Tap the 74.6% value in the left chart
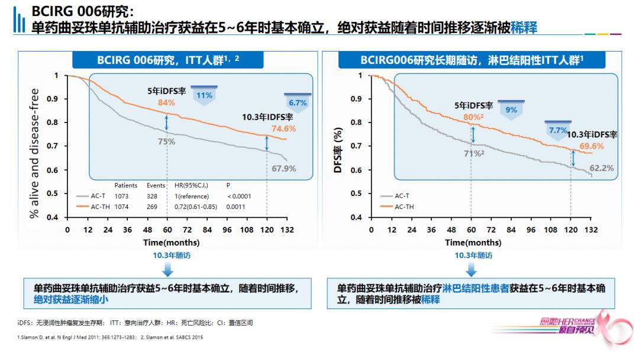coord(284,128)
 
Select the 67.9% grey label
coord(284,169)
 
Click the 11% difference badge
coord(204,95)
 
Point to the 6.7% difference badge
coord(298,103)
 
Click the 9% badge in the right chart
coord(511,110)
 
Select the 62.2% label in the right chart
coord(601,168)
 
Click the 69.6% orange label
coord(592,146)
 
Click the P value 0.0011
coord(235,207)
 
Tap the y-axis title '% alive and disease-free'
coord(34,153)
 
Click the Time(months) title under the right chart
coord(473,243)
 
